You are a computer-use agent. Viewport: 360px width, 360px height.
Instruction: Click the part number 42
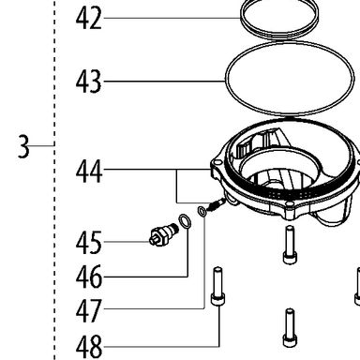[89, 19]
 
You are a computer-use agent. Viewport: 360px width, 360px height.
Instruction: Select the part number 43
[89, 82]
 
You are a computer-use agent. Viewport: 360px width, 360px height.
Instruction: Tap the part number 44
[89, 171]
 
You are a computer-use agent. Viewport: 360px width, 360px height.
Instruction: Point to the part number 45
[89, 243]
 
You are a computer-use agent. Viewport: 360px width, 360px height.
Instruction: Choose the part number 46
[89, 277]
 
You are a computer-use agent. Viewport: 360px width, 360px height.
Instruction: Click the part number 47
[89, 310]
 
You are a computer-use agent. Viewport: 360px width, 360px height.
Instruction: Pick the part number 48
[89, 347]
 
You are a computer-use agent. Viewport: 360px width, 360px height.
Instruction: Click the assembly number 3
[23, 146]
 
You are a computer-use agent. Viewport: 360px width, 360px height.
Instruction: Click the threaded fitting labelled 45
[163, 235]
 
